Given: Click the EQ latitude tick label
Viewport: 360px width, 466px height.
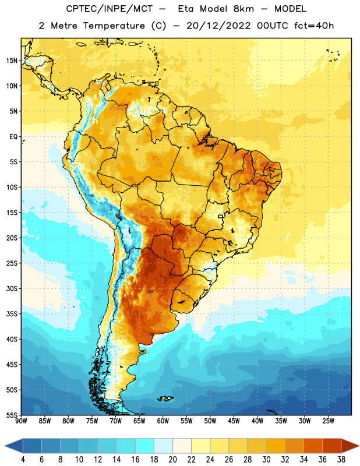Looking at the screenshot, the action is pos(13,137).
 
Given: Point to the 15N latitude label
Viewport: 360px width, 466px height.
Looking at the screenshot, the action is pos(12,61).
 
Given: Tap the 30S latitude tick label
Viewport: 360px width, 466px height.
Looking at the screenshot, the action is pos(12,288).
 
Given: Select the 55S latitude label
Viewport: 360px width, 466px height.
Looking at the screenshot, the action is pos(12,415).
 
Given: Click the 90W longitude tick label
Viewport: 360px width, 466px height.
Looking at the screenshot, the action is pos(21,421).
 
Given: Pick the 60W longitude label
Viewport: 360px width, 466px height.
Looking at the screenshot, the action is pos(163,421).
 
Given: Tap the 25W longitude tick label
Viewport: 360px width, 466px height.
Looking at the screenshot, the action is pos(328,421).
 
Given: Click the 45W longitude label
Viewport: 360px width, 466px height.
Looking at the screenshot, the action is pos(234,421).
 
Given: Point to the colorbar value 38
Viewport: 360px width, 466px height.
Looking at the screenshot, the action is pos(341,460).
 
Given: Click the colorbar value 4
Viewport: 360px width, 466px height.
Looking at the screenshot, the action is pos(23,460).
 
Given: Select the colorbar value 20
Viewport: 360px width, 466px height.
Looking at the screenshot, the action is pos(172,460).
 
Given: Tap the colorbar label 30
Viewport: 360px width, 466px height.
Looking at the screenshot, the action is pos(266,460).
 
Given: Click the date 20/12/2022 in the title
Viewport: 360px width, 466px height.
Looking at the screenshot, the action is pos(218,26).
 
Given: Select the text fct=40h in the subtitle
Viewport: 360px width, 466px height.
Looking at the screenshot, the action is pos(314,26).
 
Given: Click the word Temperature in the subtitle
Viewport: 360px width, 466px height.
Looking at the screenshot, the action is pos(114,26).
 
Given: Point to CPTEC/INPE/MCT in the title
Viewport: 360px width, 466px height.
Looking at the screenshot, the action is pos(109,9).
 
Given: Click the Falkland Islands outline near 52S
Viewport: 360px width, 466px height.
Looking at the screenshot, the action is pos(165,398).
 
